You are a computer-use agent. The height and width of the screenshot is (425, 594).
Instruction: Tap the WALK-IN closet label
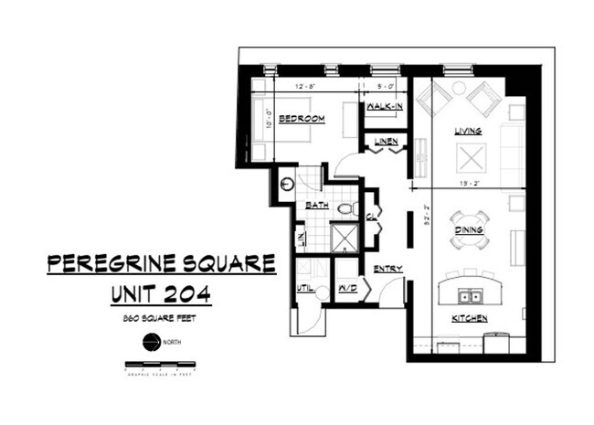pos(385,107)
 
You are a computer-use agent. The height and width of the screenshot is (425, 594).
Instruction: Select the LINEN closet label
pos(385,141)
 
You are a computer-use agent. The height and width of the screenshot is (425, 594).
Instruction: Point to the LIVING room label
pos(469,132)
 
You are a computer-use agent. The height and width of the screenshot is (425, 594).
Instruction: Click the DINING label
pos(469,230)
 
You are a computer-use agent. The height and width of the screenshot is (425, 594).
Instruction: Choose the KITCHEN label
pos(469,318)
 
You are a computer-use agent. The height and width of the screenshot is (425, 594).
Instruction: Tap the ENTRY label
pos(387,268)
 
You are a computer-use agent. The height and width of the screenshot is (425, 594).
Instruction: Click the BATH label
pos(316,206)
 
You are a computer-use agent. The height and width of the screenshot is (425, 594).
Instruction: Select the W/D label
pos(346,287)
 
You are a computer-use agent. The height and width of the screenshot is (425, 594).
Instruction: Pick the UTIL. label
pos(304,287)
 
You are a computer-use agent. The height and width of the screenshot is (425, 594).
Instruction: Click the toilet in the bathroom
pos(345,209)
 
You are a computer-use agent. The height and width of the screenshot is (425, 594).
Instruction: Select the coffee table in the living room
pos(472,159)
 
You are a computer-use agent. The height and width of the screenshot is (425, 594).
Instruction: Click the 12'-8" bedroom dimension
pos(306,86)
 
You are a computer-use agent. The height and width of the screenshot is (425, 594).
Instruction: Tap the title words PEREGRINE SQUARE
pos(161,264)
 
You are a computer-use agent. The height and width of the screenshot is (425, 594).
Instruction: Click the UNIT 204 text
pos(161,293)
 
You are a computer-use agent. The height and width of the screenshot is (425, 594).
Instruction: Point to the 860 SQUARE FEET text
pos(161,318)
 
